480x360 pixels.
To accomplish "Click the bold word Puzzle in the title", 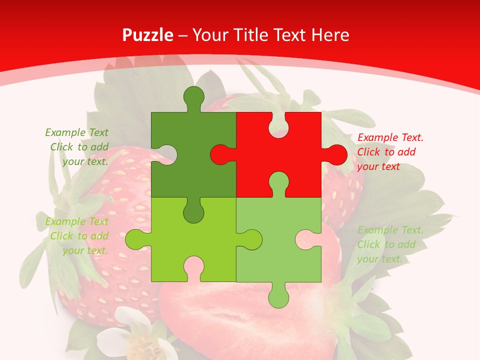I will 148,35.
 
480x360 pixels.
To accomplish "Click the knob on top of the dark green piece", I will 194,96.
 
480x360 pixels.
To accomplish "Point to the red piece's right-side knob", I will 336,154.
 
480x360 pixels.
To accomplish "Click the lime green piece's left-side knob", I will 135,239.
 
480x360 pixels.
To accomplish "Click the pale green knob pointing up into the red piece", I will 278,182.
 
